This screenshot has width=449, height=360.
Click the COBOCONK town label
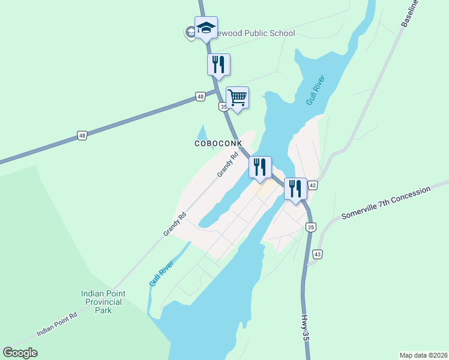pos(218,144)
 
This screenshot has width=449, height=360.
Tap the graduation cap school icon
pos(205,28)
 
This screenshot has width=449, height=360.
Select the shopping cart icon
pos(237,97)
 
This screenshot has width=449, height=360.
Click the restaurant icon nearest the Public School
pos(218,64)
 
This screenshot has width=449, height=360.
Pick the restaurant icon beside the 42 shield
pos(295,188)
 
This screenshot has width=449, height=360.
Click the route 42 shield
pos(313,186)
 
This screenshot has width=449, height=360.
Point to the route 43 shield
pos(318,254)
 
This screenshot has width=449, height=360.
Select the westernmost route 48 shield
pos(82,136)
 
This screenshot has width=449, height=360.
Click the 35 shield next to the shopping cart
pos(223,107)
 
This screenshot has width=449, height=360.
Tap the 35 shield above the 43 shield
pos(310,227)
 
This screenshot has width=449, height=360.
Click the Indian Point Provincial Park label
pos(103,302)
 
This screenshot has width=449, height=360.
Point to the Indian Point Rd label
pos(57,325)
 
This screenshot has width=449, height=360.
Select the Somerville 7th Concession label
pos(386,203)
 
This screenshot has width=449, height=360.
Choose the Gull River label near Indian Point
pos(162,273)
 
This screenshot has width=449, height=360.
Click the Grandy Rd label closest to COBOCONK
pos(228,164)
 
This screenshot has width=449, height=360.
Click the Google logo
pos(20,353)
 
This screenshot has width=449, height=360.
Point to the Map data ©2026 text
pos(423,355)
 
